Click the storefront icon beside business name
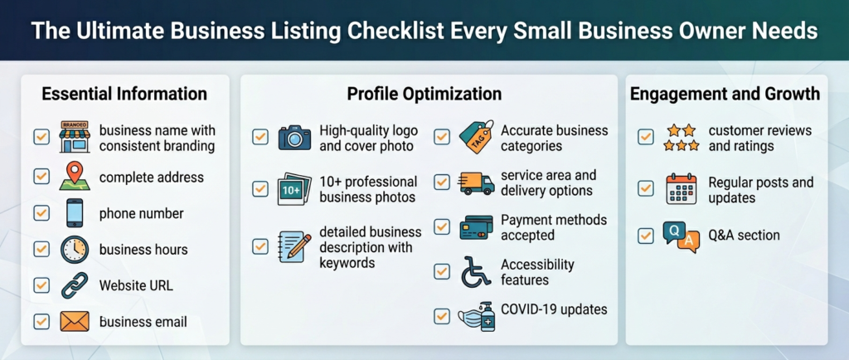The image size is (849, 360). pos(75,138)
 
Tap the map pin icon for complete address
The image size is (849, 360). pos(75,177)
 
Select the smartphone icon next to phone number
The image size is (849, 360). pos(75,212)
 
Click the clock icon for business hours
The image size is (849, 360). pos(75,249)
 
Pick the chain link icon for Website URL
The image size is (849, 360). pos(75,285)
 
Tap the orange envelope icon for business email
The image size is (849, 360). pos(75,321)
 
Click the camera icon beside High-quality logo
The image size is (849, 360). pos(294,137)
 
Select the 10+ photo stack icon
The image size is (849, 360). pos(294,189)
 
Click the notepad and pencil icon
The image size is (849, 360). pos(294,247)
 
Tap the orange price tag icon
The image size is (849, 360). pos(476,137)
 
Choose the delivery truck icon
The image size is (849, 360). pos(476,182)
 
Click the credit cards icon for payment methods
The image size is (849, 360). pos(476,227)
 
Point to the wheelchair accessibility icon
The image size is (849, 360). pos(476,271)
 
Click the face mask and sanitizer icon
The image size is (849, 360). pos(476,316)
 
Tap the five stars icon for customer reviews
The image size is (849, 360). pos(680,138)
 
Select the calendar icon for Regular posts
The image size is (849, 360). pos(682,189)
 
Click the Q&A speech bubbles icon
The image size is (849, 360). pos(682,237)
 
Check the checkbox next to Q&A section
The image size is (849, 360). pos(646,236)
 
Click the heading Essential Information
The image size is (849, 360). pos(124,94)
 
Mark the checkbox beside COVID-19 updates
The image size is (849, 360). pos(442,316)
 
